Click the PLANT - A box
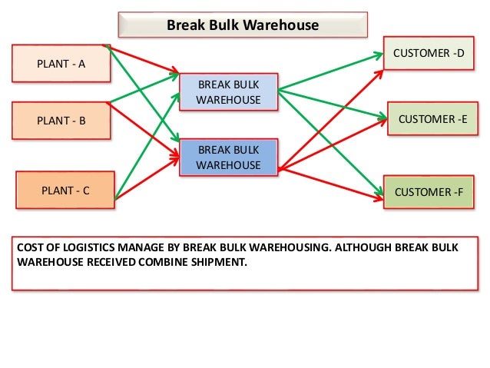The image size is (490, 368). coord(61,64)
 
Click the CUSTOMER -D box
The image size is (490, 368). coord(429,53)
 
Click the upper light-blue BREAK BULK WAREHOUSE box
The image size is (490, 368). coord(228,91)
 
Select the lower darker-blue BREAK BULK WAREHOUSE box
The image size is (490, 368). coord(228,157)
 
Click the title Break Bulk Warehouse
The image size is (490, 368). coord(243,25)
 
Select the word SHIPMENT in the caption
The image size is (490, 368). coord(223,260)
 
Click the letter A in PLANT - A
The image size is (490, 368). coord(81,64)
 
